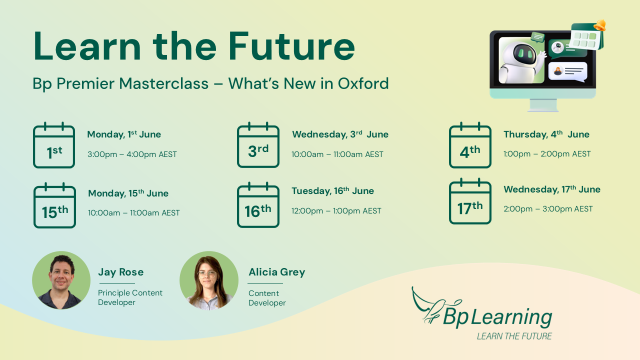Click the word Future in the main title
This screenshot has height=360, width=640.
pos(291,46)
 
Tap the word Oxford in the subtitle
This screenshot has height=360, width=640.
pos(363,83)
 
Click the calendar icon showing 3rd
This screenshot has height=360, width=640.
pos(258,145)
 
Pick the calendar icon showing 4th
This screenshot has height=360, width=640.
pos(470,145)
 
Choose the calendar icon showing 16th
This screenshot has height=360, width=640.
pos(258,205)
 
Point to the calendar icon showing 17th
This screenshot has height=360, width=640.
pos(470,201)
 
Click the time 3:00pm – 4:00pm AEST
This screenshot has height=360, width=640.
pos(132,154)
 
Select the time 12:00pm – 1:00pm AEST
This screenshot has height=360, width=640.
pos(336,211)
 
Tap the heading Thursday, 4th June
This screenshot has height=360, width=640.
pos(546,134)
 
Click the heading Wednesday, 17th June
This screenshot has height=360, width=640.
pos(552,189)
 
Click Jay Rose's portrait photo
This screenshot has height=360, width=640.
pos(61,280)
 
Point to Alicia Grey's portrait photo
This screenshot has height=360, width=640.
pos(209,280)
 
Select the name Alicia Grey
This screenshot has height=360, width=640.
pos(277,272)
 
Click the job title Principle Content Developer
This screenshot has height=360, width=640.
pos(130,297)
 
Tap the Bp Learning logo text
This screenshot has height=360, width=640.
pos(497,317)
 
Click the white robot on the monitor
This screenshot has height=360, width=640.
pos(521,62)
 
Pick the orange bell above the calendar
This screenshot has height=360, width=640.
pos(600,25)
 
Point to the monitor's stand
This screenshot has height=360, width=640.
pos(543,105)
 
